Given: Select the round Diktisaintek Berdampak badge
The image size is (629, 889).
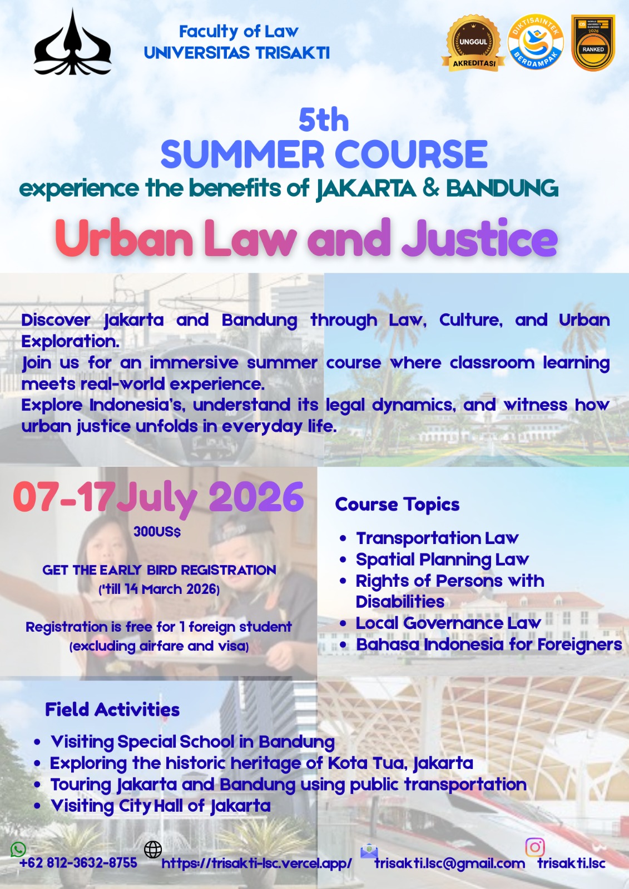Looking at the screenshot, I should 536,42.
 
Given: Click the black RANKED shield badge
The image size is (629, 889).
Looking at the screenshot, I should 593,43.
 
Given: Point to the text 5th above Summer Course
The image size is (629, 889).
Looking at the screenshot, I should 324,119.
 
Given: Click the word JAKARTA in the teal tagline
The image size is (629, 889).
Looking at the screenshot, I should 366,189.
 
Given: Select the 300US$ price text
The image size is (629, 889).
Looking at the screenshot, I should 157,532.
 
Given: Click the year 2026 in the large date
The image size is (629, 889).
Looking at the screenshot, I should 256,497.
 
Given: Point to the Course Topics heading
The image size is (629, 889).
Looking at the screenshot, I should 397,504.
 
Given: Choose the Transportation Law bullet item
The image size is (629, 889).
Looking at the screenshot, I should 437,538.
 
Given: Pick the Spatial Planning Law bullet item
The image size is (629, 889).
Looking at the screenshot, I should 442,559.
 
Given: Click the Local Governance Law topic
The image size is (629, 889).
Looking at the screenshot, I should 448,623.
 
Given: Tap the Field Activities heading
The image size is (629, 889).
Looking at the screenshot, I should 112,710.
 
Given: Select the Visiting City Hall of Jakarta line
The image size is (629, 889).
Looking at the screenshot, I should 161,806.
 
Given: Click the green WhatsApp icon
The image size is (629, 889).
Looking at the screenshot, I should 18,849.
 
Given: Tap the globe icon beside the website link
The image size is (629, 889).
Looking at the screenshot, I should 153,849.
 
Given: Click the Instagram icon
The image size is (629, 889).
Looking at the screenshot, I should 535,847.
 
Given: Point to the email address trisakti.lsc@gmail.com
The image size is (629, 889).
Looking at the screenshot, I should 449,863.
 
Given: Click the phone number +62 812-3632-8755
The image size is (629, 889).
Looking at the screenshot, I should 78,863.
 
